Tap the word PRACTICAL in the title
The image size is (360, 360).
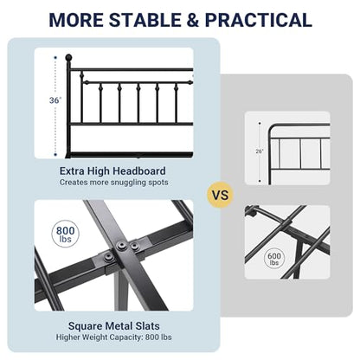point(259,20)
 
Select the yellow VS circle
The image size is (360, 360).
point(221,195)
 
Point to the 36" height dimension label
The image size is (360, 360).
point(55,100)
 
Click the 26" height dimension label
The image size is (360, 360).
point(260,151)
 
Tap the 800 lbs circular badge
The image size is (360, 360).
point(65,234)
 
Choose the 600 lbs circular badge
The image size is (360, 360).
point(274,258)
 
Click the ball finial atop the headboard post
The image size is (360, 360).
point(68,57)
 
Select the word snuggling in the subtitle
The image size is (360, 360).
point(128,183)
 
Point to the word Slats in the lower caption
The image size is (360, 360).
point(148,326)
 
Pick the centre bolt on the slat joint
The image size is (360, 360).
point(122,246)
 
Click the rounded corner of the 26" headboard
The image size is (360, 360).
point(272,127)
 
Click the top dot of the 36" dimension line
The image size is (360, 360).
point(55,57)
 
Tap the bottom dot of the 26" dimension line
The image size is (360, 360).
point(260,181)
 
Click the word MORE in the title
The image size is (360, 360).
point(76,20)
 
